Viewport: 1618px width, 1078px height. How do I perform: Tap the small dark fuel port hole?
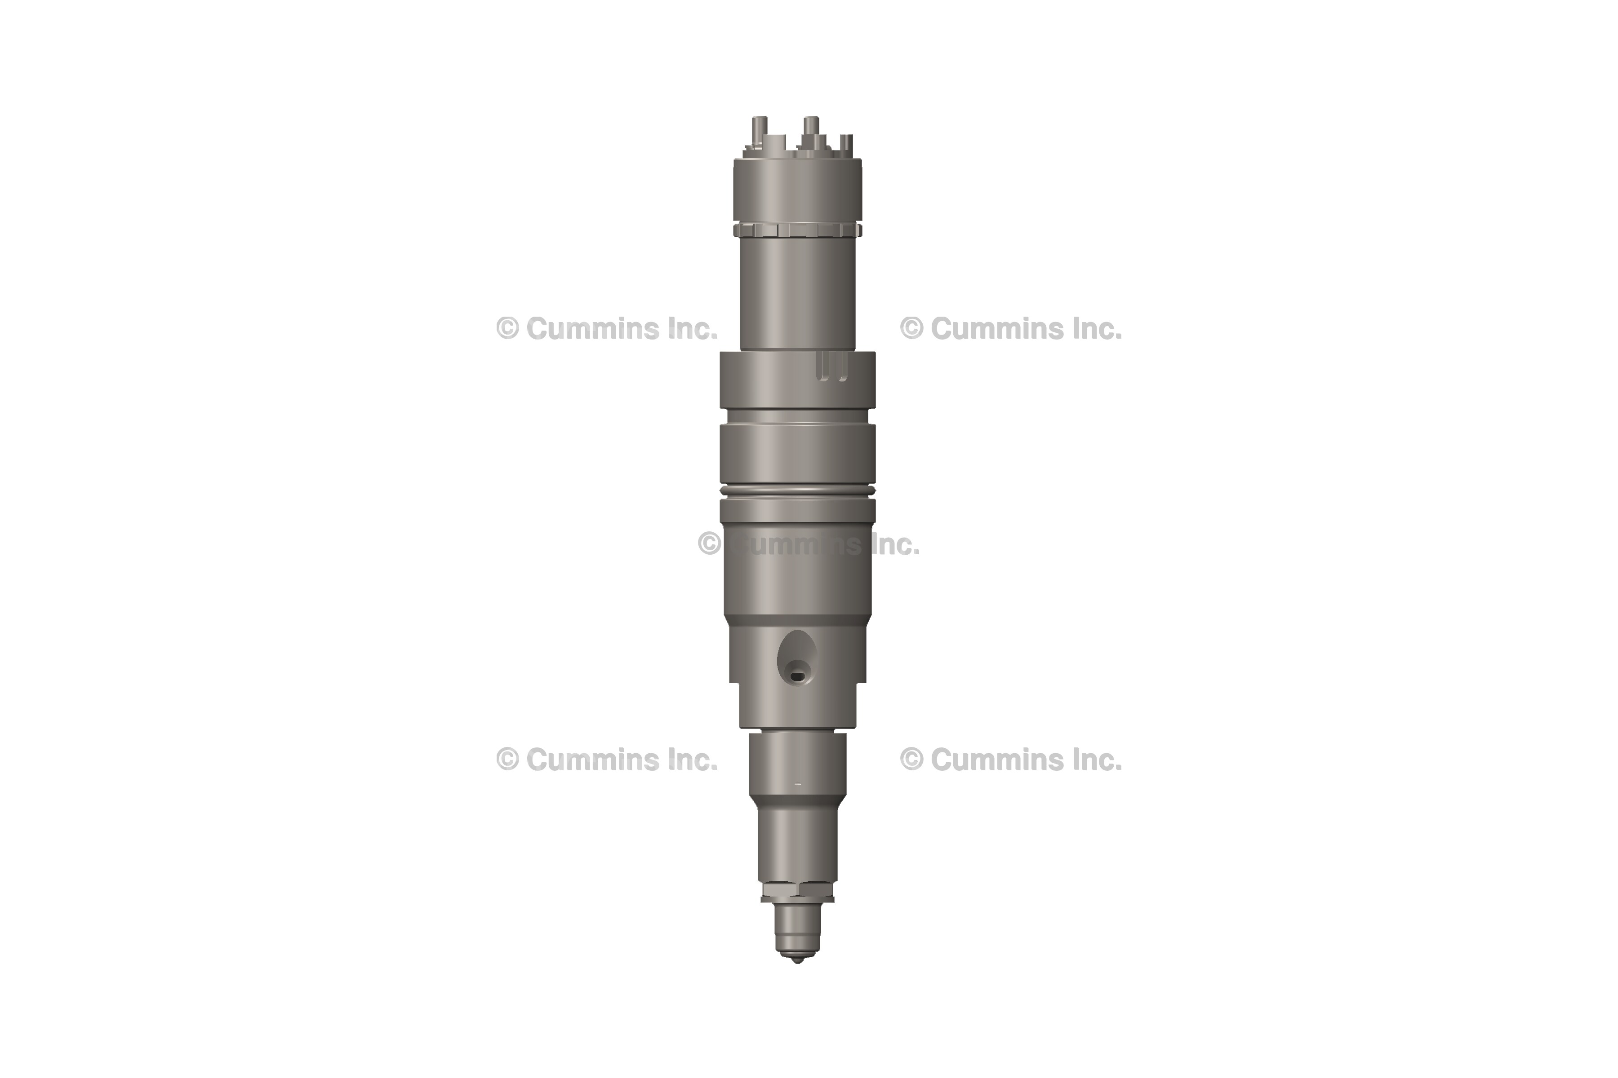pyautogui.click(x=797, y=676)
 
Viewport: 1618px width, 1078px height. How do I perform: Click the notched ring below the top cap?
pyautogui.click(x=797, y=230)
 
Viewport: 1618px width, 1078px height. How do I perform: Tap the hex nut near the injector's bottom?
pyautogui.click(x=797, y=890)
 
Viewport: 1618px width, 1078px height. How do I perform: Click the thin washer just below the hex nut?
pyautogui.click(x=797, y=899)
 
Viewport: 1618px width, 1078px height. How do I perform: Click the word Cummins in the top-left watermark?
pyautogui.click(x=586, y=329)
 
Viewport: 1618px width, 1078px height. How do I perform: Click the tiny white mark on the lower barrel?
pyautogui.click(x=797, y=784)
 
